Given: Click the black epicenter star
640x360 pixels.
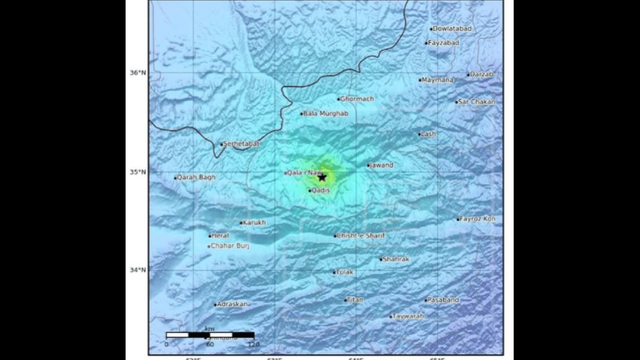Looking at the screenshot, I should tap(322, 177).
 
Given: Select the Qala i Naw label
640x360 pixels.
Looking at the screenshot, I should tap(301, 172).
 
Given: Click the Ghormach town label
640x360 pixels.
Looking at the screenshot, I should tap(358, 99).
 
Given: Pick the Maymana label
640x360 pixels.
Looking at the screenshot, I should tap(438, 80).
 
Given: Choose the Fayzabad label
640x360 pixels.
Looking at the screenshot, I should tap(444, 43).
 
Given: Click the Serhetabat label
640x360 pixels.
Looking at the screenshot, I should tap(241, 144).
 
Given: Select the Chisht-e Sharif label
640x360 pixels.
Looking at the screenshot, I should tap(361, 236).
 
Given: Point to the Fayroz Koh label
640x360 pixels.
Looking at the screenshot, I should tap(479, 219).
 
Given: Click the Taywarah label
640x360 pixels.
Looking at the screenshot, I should tap(409, 316).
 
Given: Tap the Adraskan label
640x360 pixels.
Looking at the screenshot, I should tap(233, 304).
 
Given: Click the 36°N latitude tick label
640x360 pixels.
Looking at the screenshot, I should tap(137, 73).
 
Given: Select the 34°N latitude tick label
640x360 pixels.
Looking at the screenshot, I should tap(137, 270).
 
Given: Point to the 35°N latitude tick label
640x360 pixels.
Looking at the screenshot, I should tap(137, 171).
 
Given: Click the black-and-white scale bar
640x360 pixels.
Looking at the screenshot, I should tap(210, 335).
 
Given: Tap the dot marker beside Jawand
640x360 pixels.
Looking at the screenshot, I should tap(369, 166).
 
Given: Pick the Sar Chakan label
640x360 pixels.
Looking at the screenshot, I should tap(478, 102).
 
